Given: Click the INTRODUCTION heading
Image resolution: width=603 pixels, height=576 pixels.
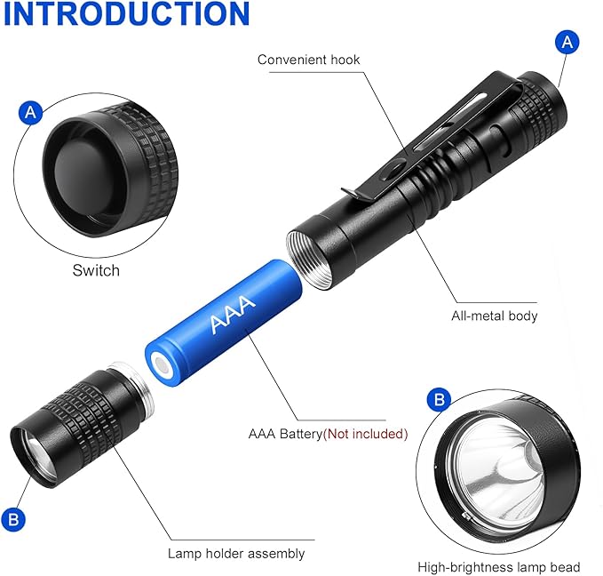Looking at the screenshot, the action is tap(126, 14).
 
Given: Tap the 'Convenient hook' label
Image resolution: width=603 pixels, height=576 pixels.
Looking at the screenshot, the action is tap(308, 60).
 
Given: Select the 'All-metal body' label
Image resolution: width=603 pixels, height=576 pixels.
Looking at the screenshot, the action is tap(494, 316).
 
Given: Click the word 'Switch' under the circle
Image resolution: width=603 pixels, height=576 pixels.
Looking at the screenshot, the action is tap(96, 270).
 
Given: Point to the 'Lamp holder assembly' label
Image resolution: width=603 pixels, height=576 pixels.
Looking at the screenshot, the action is tap(236, 554).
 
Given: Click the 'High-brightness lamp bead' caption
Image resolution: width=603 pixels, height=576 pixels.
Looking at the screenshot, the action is tap(499, 567).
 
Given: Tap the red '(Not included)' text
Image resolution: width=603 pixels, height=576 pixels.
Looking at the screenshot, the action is tap(365, 434).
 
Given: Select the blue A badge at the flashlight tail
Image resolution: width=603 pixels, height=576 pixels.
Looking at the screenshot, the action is tap(567, 42).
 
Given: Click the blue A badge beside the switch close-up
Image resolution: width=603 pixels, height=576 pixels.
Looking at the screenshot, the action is tap(30, 112).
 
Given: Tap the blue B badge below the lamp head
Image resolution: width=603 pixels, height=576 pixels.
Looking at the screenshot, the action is tap(13, 520).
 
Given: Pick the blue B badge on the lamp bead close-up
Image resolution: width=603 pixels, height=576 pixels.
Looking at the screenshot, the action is tap(440, 400).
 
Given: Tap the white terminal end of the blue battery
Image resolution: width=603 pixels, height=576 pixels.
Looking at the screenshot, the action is tap(162, 364).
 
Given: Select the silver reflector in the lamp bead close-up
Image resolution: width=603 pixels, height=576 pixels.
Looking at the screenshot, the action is tap(500, 468).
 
